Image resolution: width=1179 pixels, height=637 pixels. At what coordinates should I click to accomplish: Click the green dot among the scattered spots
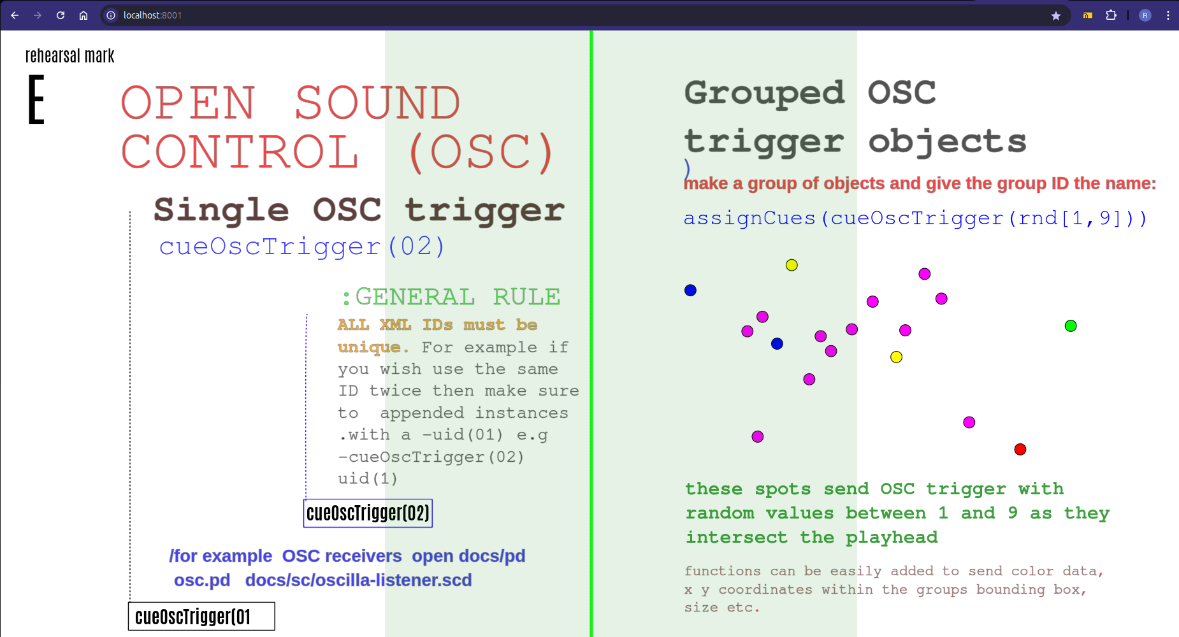pos(1071,326)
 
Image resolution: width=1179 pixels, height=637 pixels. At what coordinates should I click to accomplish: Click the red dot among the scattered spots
pos(1020,450)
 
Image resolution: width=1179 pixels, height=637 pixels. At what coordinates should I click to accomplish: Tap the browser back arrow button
pos(15,15)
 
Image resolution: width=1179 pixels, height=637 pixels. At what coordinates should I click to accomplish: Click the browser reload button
pos(61,15)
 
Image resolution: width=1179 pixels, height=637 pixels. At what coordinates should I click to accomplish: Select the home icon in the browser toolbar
pos(83,15)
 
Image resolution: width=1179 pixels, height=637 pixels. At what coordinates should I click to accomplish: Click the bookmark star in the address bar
pos(1056,15)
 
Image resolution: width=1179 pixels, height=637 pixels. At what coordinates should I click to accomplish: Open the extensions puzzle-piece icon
pos(1111,15)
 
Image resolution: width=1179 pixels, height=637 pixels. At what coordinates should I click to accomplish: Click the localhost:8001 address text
pos(152,15)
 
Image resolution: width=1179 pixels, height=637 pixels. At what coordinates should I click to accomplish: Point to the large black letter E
pos(36,99)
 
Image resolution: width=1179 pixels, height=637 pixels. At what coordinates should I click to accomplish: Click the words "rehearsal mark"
pos(70,56)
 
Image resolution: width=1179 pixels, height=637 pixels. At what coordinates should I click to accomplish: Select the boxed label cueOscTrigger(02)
pos(368,513)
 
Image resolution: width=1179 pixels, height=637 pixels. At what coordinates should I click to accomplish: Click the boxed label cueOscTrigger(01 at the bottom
pos(201,617)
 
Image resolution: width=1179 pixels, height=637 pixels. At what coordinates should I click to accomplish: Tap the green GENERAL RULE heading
pos(451,297)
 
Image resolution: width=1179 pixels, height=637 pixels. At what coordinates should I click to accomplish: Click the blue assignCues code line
pos(915,218)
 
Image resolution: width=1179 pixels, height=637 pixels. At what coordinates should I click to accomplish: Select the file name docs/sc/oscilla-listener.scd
pos(359,580)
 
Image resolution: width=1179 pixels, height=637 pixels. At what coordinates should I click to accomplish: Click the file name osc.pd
pos(202,580)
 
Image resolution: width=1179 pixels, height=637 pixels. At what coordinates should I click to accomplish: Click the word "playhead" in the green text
pos(892,538)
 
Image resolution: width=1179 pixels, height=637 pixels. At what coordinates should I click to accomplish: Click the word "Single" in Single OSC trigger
pos(221,210)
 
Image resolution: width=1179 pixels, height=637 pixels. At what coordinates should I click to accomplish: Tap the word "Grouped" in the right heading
pos(765,94)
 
